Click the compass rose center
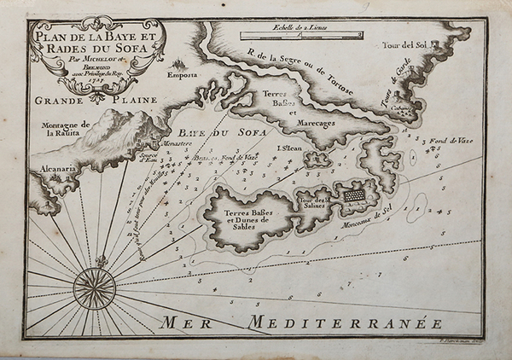point(94,288)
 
